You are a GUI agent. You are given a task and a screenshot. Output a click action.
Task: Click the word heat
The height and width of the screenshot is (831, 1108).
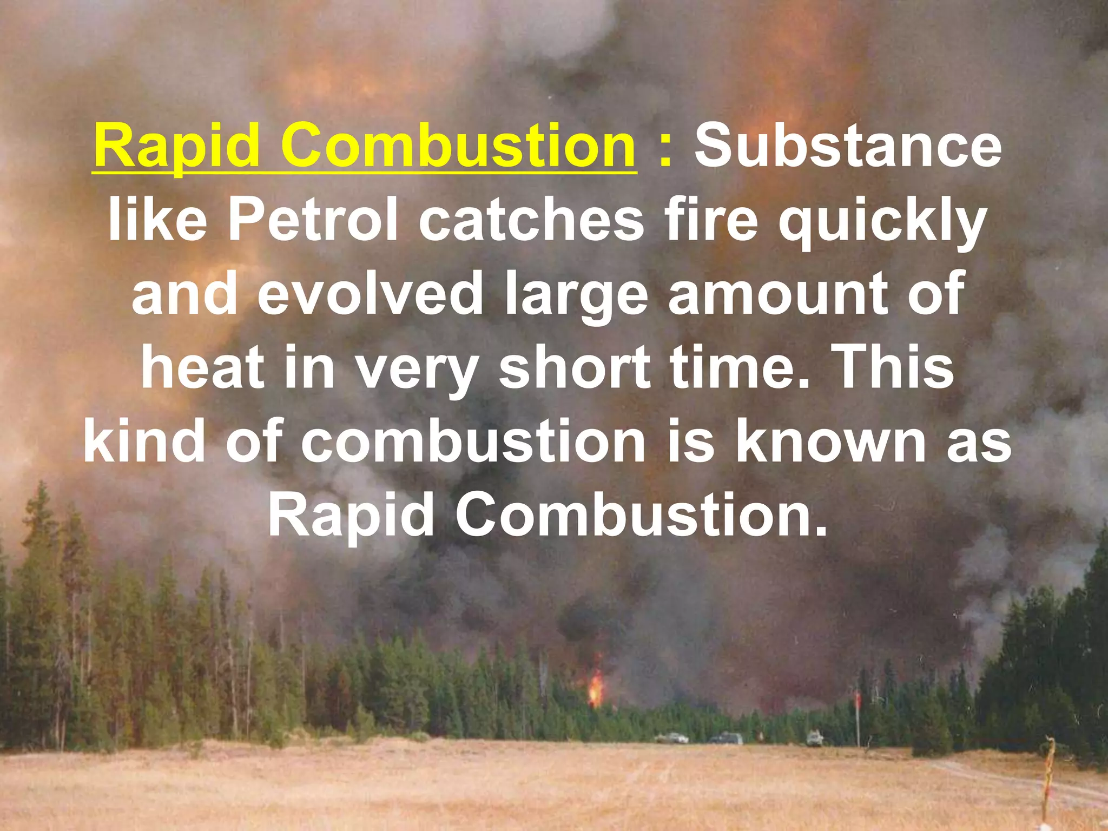pyautogui.click(x=202, y=368)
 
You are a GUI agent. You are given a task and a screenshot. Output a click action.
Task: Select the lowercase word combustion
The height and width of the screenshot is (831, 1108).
pyautogui.click(x=473, y=443)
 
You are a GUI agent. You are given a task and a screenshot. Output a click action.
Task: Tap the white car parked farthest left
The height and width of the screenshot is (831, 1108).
pyautogui.click(x=671, y=737)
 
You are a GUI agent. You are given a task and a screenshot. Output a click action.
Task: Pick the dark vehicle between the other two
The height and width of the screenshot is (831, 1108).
pyautogui.click(x=727, y=738)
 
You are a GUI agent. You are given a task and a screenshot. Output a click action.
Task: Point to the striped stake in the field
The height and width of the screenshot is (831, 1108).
pyautogui.click(x=1050, y=779)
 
